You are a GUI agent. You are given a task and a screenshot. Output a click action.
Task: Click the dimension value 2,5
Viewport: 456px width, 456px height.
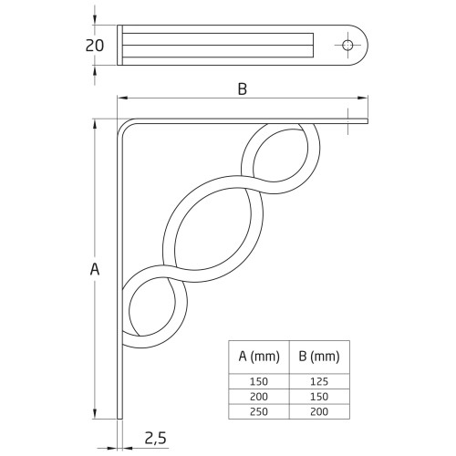click(x=154, y=439)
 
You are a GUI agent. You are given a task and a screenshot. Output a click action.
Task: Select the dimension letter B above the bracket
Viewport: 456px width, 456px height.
click(x=242, y=88)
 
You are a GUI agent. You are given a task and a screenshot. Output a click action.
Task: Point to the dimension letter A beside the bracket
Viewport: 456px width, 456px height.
click(x=95, y=269)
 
